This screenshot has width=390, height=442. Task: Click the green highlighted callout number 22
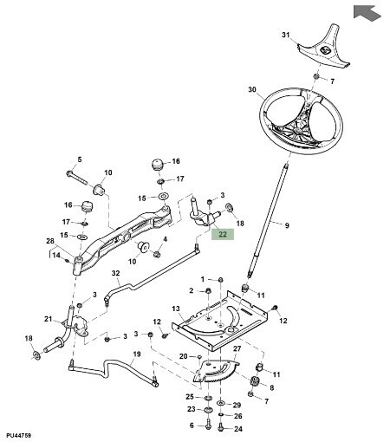pyautogui.click(x=223, y=234)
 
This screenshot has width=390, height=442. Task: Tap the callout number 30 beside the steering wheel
pyautogui.click(x=252, y=90)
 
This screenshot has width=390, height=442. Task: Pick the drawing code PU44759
pyautogui.click(x=19, y=435)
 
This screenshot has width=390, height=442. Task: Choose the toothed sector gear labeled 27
pyautogui.click(x=216, y=372)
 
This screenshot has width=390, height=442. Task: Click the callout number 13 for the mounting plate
pyautogui.click(x=176, y=309)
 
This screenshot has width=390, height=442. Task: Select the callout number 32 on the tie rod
pyautogui.click(x=115, y=273)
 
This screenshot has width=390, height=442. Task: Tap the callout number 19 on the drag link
pyautogui.click(x=137, y=354)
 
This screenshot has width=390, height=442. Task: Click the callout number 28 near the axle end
pyautogui.click(x=50, y=241)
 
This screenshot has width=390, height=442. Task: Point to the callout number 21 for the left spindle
pyautogui.click(x=49, y=319)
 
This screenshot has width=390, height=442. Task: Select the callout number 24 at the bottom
pyautogui.click(x=238, y=429)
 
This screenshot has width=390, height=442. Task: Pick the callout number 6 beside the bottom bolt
pyautogui.click(x=192, y=426)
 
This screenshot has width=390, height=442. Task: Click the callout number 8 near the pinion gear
pyautogui.click(x=271, y=387)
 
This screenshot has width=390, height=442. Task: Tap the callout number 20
pyautogui.click(x=184, y=356)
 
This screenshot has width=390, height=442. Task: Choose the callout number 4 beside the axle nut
pyautogui.click(x=166, y=239)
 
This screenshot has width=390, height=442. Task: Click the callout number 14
pyautogui.click(x=56, y=255)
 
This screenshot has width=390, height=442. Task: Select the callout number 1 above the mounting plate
pyautogui.click(x=203, y=279)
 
